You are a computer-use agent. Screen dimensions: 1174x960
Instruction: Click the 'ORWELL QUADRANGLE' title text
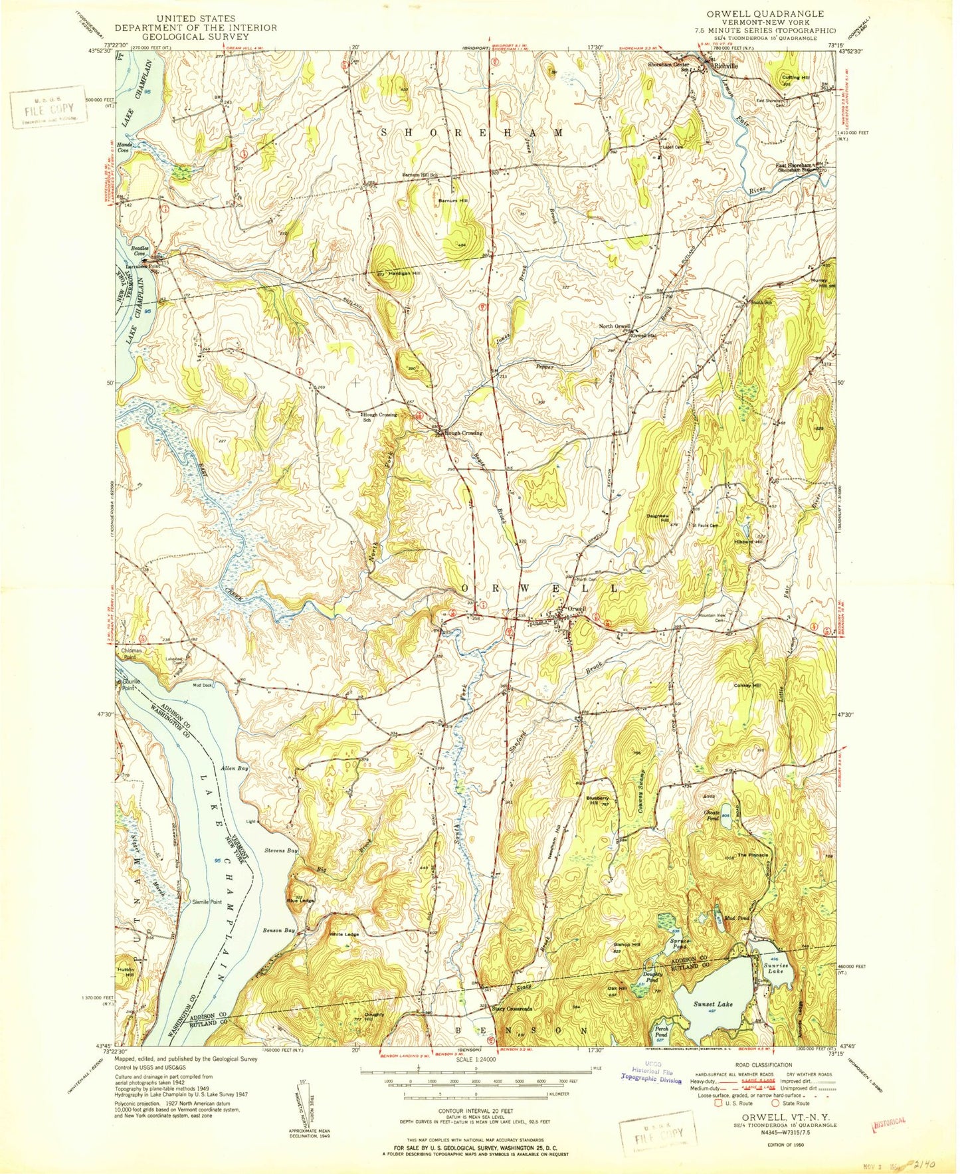click(766, 14)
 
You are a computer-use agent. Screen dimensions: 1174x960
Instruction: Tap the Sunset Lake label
click(713, 1004)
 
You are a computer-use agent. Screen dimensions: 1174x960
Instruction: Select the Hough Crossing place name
click(464, 433)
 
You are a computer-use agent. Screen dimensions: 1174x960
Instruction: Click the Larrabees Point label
click(145, 266)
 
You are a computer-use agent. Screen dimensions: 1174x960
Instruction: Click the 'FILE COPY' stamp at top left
click(48, 109)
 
